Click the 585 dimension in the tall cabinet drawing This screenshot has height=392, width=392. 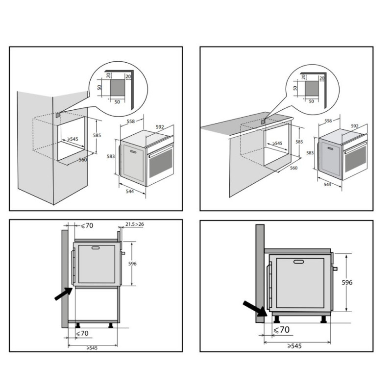pos(97,136)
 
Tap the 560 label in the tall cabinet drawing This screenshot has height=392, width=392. pos(83,160)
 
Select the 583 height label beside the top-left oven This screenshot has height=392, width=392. pos(111,156)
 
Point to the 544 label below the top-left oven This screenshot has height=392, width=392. pos(130,191)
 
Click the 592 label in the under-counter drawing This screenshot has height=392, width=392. pos(354,126)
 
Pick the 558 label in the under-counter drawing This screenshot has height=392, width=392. pos(328,121)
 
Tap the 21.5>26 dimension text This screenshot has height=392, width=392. pos(134,224)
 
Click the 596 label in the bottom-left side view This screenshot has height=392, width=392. pos(132,264)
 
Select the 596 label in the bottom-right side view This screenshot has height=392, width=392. pos(347,283)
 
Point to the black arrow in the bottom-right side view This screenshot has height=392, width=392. pos(255,309)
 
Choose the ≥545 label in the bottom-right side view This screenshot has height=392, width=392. pos(294,346)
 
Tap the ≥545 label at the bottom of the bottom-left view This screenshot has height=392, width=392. pos(92,348)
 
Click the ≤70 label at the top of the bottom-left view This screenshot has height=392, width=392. pos(87,225)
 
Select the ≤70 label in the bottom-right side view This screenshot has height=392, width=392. pos(282,330)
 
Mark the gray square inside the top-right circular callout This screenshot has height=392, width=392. pos(312,89)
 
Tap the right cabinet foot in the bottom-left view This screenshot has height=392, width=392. pos(111,325)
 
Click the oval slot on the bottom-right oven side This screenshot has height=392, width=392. pos(299,262)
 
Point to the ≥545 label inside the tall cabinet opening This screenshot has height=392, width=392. pos(73,139)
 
